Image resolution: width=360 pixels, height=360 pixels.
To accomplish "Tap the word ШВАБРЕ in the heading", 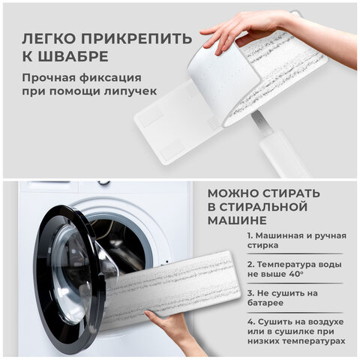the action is [73, 56].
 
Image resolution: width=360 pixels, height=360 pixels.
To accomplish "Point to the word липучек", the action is [130, 91].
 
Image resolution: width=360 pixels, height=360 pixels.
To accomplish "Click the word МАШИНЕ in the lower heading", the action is [237, 220].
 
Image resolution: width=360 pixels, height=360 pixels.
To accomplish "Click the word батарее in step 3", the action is [265, 303].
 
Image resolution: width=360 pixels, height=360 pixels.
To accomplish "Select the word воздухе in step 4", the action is [325, 322].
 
